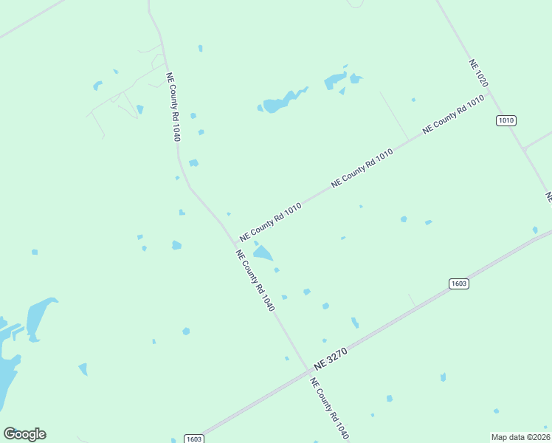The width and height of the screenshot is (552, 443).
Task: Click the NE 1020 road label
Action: (x=478, y=75)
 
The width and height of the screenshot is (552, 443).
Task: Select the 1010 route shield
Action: (x=506, y=120)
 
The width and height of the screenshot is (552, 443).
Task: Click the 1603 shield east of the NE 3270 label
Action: (x=458, y=284)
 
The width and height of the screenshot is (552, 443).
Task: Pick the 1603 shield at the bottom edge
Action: (x=193, y=439)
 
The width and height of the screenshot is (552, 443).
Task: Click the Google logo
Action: (x=24, y=434)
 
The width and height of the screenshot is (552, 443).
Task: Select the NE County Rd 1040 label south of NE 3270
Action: (x=329, y=409)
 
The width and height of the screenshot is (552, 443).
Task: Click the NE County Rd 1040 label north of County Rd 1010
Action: (x=173, y=106)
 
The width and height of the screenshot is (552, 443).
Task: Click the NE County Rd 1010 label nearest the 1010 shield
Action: (x=453, y=114)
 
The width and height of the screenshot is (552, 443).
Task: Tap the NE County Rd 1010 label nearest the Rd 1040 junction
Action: (x=270, y=219)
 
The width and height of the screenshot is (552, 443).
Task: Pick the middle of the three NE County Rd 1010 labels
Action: (x=362, y=167)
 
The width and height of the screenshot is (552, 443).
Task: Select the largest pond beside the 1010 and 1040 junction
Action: (x=263, y=254)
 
